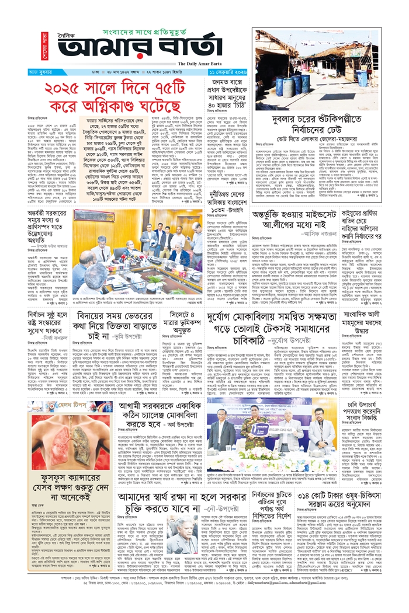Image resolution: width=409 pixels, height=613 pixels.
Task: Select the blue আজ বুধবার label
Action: pyautogui.click(x=41, y=73)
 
